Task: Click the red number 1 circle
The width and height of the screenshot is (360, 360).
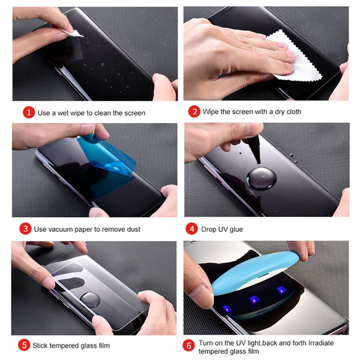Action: (x=29, y=113)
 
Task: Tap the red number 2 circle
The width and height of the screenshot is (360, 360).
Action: (x=194, y=112)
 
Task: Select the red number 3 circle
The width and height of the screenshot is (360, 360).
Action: (x=25, y=229)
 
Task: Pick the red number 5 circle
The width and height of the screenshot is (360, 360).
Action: (x=24, y=345)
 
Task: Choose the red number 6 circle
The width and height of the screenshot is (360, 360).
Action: (x=191, y=345)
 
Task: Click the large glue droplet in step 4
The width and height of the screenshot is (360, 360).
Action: (x=261, y=179)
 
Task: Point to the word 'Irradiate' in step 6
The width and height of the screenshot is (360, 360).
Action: (x=314, y=343)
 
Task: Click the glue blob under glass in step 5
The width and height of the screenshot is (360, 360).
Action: (x=90, y=300)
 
